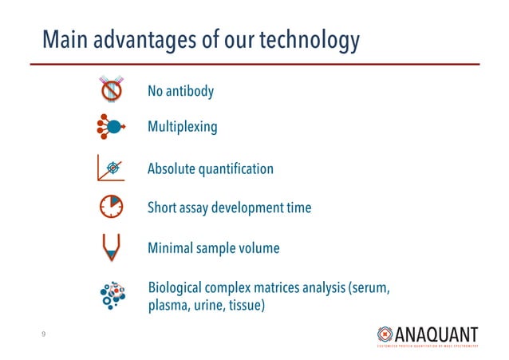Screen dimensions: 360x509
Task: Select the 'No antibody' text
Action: pos(180,92)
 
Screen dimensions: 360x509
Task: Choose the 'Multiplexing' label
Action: pos(182,127)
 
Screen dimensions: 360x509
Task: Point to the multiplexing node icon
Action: pos(112,126)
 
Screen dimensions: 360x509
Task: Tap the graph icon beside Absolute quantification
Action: pos(112,168)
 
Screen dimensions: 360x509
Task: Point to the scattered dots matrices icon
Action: pos(112,296)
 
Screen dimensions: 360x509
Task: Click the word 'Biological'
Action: pos(177,288)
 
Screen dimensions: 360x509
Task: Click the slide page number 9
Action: pos(44,335)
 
